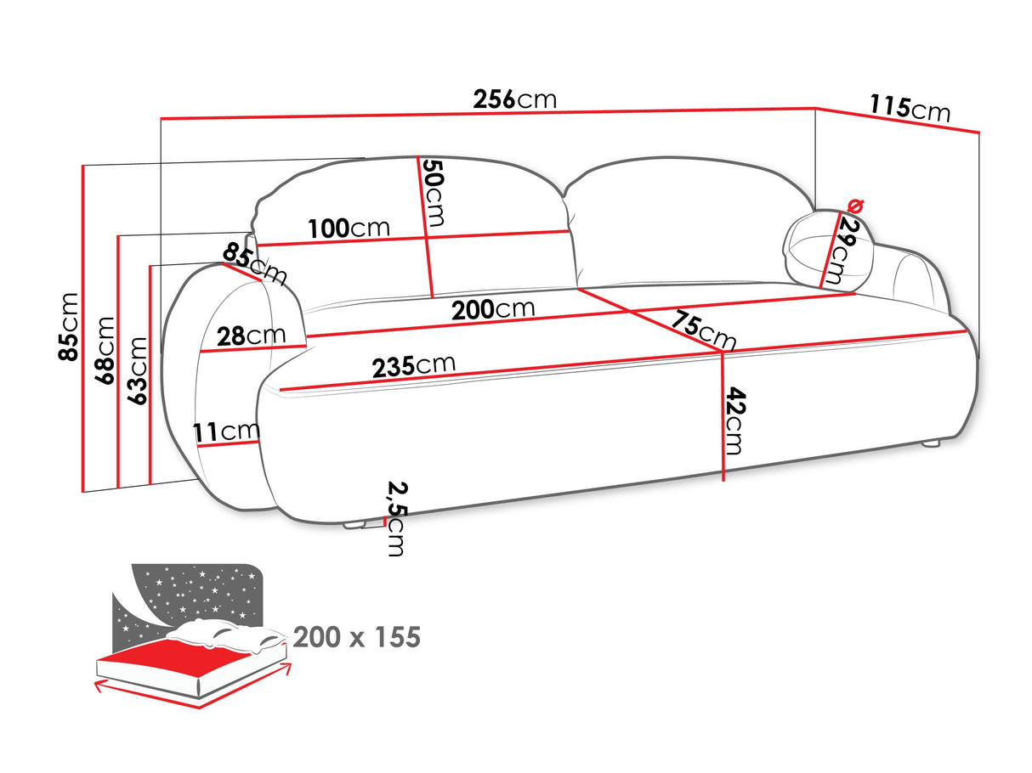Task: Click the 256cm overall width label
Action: [x=514, y=99]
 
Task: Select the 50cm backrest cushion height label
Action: [x=434, y=194]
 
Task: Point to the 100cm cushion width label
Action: [x=349, y=228]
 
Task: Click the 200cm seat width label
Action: [x=493, y=309]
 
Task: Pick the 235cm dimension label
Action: [x=414, y=366]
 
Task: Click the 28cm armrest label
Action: [x=251, y=336]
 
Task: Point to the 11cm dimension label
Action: [x=226, y=432]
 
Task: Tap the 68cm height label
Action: [x=105, y=350]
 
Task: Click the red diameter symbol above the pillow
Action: [x=856, y=205]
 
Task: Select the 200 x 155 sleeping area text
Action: [x=356, y=637]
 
